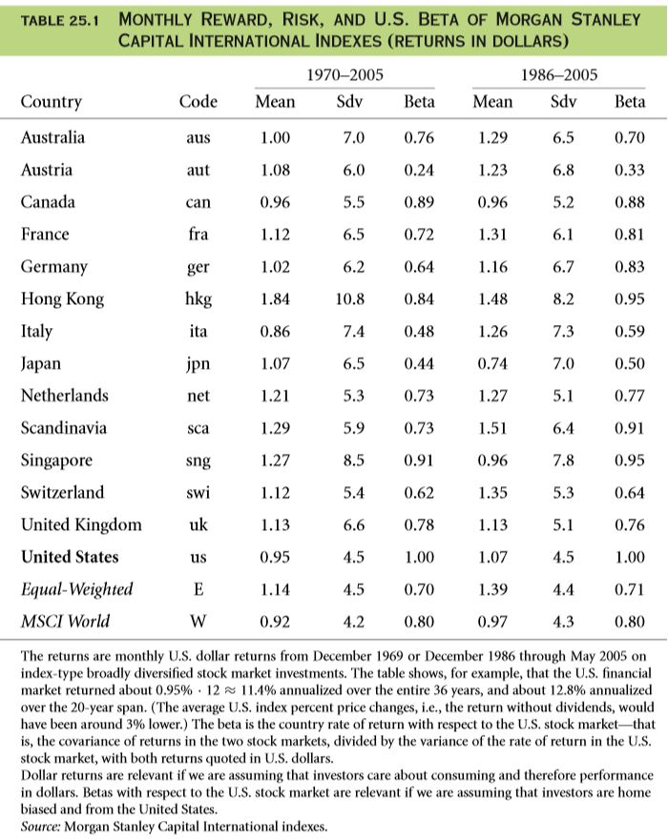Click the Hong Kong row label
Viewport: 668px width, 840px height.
point(62,299)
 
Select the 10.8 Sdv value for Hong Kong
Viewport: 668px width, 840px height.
point(350,299)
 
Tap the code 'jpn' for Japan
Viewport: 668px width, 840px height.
point(198,364)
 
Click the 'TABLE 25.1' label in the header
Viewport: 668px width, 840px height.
point(59,21)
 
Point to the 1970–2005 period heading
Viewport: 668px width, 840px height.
point(344,74)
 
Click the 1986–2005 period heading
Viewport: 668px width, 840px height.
point(558,74)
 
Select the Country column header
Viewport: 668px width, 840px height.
point(52,102)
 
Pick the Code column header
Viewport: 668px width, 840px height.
point(198,101)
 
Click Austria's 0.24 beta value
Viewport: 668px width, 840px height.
point(419,170)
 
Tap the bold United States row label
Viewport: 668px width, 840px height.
point(70,557)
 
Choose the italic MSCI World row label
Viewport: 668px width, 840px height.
point(66,621)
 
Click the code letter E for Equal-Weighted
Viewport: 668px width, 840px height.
point(198,589)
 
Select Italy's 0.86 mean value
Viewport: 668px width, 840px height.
point(275,331)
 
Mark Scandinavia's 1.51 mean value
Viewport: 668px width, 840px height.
point(492,428)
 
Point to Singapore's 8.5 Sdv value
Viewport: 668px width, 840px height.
point(354,461)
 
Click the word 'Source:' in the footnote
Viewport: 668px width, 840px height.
point(41,827)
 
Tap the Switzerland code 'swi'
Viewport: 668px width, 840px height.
point(198,492)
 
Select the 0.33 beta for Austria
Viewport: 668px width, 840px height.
point(630,170)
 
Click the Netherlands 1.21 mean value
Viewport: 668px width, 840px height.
point(275,396)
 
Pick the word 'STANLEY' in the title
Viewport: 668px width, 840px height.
point(606,20)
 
